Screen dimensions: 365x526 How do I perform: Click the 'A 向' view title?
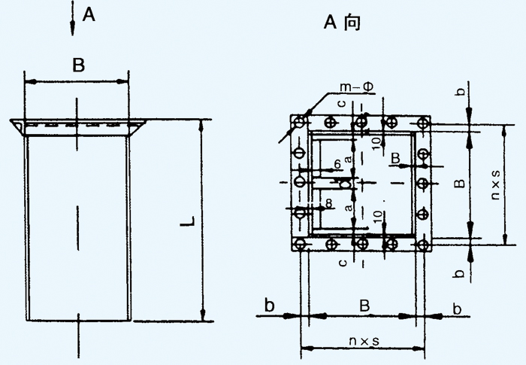342,23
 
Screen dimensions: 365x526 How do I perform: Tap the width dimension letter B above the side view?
77,65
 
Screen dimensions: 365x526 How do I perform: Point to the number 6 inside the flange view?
337,163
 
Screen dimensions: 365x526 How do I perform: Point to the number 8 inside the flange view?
329,203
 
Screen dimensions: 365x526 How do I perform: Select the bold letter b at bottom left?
269,305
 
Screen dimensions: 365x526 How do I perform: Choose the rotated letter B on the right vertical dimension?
461,183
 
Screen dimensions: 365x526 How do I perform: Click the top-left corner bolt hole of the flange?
300,121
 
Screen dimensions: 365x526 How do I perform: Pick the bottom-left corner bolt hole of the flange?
300,244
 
